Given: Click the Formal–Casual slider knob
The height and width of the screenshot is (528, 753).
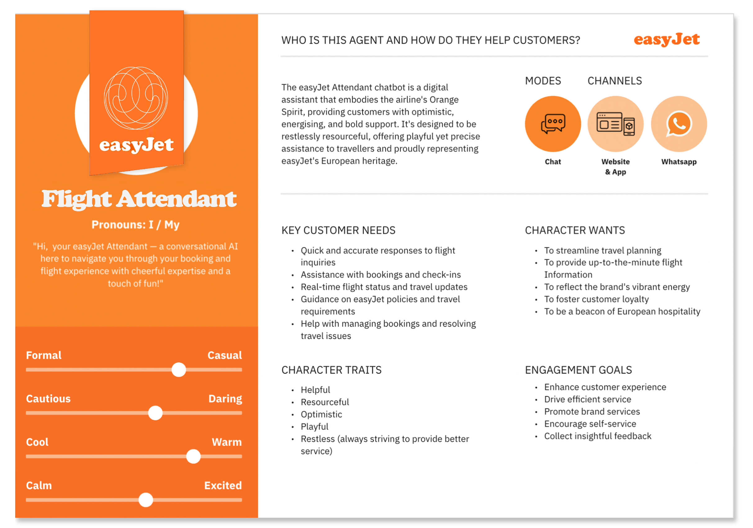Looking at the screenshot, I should point(179,370).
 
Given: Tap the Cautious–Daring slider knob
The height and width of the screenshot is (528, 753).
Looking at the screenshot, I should point(155,413).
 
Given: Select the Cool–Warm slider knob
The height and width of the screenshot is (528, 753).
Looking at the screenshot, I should point(193,456).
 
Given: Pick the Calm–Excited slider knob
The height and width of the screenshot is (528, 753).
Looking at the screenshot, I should point(146,500).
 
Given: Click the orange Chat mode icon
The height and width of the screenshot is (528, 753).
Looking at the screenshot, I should point(552,124).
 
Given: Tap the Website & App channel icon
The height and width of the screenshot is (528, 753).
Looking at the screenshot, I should point(615,124).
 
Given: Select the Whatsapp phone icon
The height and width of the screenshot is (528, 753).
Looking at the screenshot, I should point(679,124).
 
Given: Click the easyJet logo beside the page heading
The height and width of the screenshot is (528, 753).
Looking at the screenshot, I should point(666,40).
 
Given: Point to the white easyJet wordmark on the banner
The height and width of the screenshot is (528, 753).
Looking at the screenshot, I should point(137,145).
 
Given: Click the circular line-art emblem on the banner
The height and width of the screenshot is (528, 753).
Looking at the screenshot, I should point(136,98).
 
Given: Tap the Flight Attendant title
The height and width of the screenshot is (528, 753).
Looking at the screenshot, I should point(139,199).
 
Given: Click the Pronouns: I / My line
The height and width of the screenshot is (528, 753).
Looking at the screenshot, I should point(135,225).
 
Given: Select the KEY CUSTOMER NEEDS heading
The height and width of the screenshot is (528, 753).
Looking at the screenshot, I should point(338,230).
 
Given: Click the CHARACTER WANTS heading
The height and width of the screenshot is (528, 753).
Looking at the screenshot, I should point(575,230).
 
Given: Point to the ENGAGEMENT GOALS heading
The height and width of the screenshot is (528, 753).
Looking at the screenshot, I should point(578,370).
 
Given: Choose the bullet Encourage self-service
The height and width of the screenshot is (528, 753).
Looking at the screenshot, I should point(590,424).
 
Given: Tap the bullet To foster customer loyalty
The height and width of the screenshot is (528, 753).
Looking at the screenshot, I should point(596,299).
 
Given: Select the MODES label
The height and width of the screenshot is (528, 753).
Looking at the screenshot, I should point(543,81).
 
